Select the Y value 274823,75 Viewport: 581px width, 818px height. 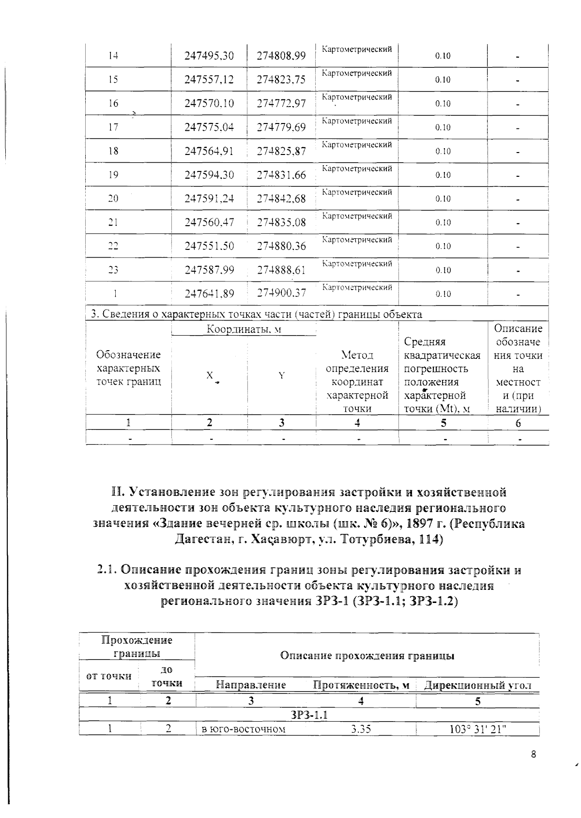point(281,80)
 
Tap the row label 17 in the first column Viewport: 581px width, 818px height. point(113,127)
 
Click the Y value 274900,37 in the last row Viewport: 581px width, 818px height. point(281,293)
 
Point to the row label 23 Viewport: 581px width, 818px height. point(113,270)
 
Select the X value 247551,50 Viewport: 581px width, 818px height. point(209,246)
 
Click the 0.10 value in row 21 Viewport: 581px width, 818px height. point(443,222)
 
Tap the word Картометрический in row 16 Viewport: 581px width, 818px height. point(357,97)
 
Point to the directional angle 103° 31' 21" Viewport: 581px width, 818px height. point(477,729)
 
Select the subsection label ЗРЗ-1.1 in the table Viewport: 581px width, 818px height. point(309,715)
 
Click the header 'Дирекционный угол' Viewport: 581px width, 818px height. point(477,685)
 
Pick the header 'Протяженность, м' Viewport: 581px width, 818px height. point(361,685)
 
